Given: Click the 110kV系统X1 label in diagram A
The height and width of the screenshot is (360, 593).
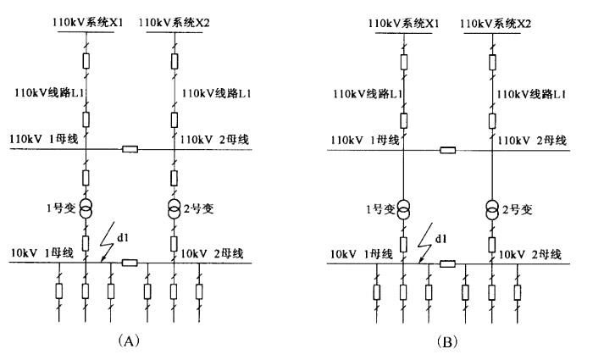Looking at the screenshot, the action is tap(88, 23).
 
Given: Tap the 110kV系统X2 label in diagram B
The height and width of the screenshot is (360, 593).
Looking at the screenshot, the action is tap(496, 24).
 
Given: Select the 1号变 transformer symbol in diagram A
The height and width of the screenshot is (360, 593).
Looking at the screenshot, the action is tap(86, 208).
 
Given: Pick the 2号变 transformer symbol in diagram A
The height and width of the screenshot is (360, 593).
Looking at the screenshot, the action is tap(174, 208).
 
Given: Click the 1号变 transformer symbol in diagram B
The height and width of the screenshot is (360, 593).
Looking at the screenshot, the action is tap(403, 209).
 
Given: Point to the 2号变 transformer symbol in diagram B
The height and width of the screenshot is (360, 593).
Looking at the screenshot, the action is tap(492, 210).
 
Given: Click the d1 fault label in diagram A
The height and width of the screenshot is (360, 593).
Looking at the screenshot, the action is tap(123, 237).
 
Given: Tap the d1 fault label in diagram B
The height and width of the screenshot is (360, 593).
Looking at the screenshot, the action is tap(441, 239).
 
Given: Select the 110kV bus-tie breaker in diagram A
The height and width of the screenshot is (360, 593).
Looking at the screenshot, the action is tap(130, 149).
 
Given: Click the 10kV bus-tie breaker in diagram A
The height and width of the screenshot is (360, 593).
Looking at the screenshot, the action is tap(130, 263).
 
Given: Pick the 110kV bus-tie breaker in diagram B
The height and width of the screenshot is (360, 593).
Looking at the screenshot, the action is tap(448, 151).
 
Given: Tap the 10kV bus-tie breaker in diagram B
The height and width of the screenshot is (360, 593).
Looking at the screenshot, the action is tap(447, 263).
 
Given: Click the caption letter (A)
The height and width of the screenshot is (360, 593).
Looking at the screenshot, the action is tap(129, 341).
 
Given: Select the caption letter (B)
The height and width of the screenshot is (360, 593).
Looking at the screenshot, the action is tap(447, 342).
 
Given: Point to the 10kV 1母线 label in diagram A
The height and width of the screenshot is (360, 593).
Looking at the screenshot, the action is tap(42, 252).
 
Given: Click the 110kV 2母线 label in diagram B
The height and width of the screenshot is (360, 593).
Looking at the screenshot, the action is tap(532, 141).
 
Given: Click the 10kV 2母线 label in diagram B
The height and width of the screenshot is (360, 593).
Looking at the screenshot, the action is tap(529, 254).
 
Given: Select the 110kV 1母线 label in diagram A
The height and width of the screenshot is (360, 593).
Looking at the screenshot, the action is tap(44, 139).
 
